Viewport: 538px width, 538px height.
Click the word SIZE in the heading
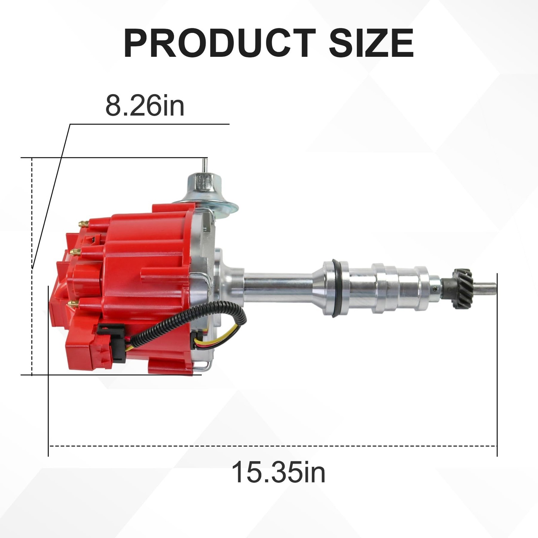coord(371,43)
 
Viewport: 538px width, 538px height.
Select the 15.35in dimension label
coord(278,472)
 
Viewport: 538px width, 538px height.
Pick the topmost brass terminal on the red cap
coord(83,223)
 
